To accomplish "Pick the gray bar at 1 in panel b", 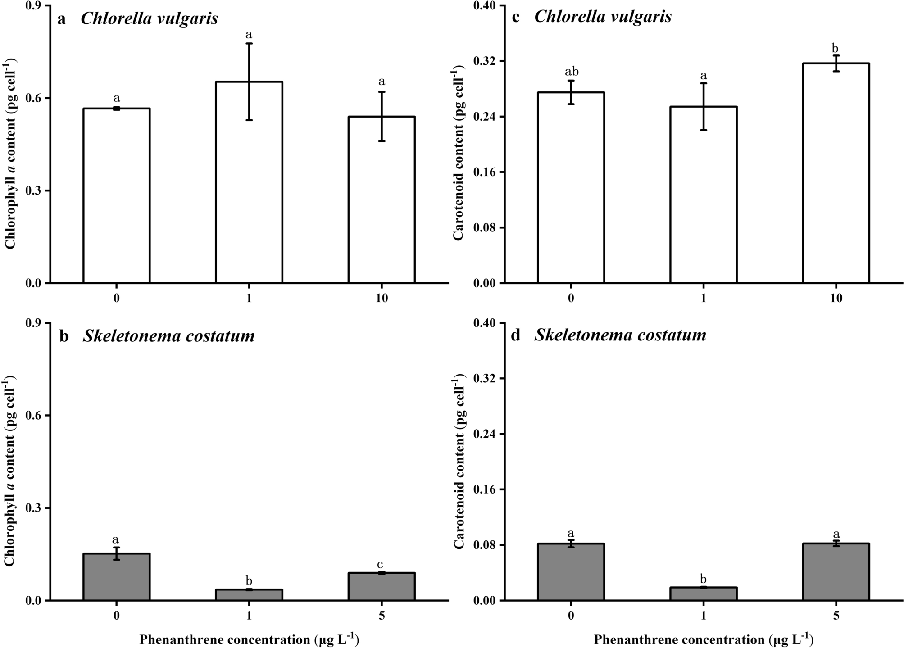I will pyautogui.click(x=249, y=595).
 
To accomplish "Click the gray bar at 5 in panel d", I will pyautogui.click(x=836, y=572).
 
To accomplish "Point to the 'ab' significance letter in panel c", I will pyautogui.click(x=572, y=72).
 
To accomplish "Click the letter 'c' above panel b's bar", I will pyautogui.click(x=380, y=564).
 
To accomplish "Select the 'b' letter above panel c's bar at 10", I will pyautogui.click(x=836, y=48).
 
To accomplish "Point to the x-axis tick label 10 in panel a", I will pyautogui.click(x=382, y=299).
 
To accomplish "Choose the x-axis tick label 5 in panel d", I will pyautogui.click(x=836, y=616).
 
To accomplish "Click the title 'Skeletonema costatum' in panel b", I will pyautogui.click(x=168, y=336).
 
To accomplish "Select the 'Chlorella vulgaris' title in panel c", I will pyautogui.click(x=603, y=17).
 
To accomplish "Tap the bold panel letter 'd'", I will pyautogui.click(x=515, y=336).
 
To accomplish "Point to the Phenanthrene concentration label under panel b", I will pyautogui.click(x=249, y=639).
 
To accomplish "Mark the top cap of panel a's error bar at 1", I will pyautogui.click(x=249, y=44).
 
